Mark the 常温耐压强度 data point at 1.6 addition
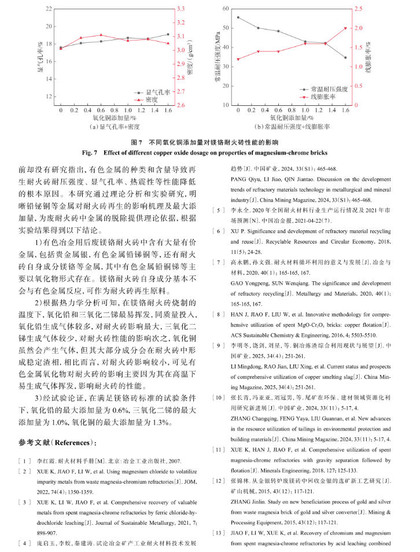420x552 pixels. [345, 58]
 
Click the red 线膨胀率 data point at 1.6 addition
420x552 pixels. [345, 28]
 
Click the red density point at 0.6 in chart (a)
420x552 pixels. [101, 35]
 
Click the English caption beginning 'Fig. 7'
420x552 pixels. [209, 153]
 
